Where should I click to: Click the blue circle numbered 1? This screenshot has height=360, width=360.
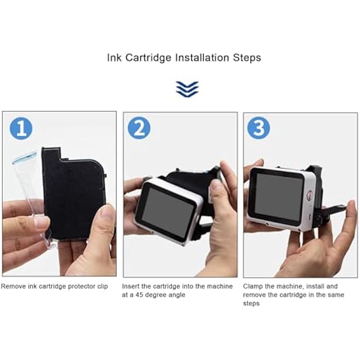tap(21, 128)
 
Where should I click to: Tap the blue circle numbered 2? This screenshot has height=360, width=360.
tap(139, 128)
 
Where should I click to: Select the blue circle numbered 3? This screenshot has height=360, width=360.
tap(259, 128)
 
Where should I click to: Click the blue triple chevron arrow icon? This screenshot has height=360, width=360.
tap(187, 89)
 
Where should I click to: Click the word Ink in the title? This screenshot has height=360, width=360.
tap(114, 57)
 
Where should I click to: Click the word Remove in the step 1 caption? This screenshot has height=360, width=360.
tap(13, 286)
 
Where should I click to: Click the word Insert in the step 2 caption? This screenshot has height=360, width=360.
tap(131, 286)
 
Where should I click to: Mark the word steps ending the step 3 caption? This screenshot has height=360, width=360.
tap(251, 303)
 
